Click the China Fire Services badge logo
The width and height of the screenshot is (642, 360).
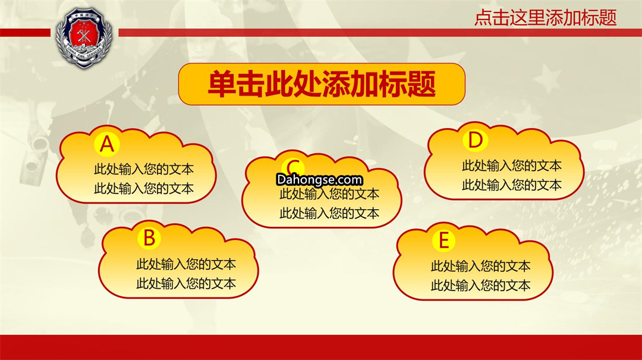point(84,37)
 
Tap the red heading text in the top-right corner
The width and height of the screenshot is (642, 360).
point(545,18)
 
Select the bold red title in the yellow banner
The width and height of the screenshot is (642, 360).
point(322,84)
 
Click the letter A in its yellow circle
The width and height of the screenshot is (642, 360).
point(107,144)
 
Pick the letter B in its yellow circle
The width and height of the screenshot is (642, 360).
point(149,238)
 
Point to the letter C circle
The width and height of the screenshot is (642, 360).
point(293,168)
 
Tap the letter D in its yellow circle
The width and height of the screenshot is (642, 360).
point(476,140)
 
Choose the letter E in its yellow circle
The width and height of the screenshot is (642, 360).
point(444,240)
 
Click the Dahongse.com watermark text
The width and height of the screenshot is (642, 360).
point(319,179)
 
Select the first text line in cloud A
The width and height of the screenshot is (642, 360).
point(144,169)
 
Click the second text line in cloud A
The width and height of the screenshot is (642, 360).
point(144,188)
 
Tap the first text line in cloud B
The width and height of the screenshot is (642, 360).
point(186,264)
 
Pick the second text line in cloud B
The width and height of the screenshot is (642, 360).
point(186,283)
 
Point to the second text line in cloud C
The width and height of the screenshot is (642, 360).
point(329,213)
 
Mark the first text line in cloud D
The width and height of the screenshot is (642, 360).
point(512,166)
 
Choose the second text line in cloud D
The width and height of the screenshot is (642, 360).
point(512,185)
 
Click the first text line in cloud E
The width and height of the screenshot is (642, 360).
point(480,266)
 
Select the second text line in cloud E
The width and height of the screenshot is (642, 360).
point(480,285)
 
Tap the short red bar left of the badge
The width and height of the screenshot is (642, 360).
point(25,33)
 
